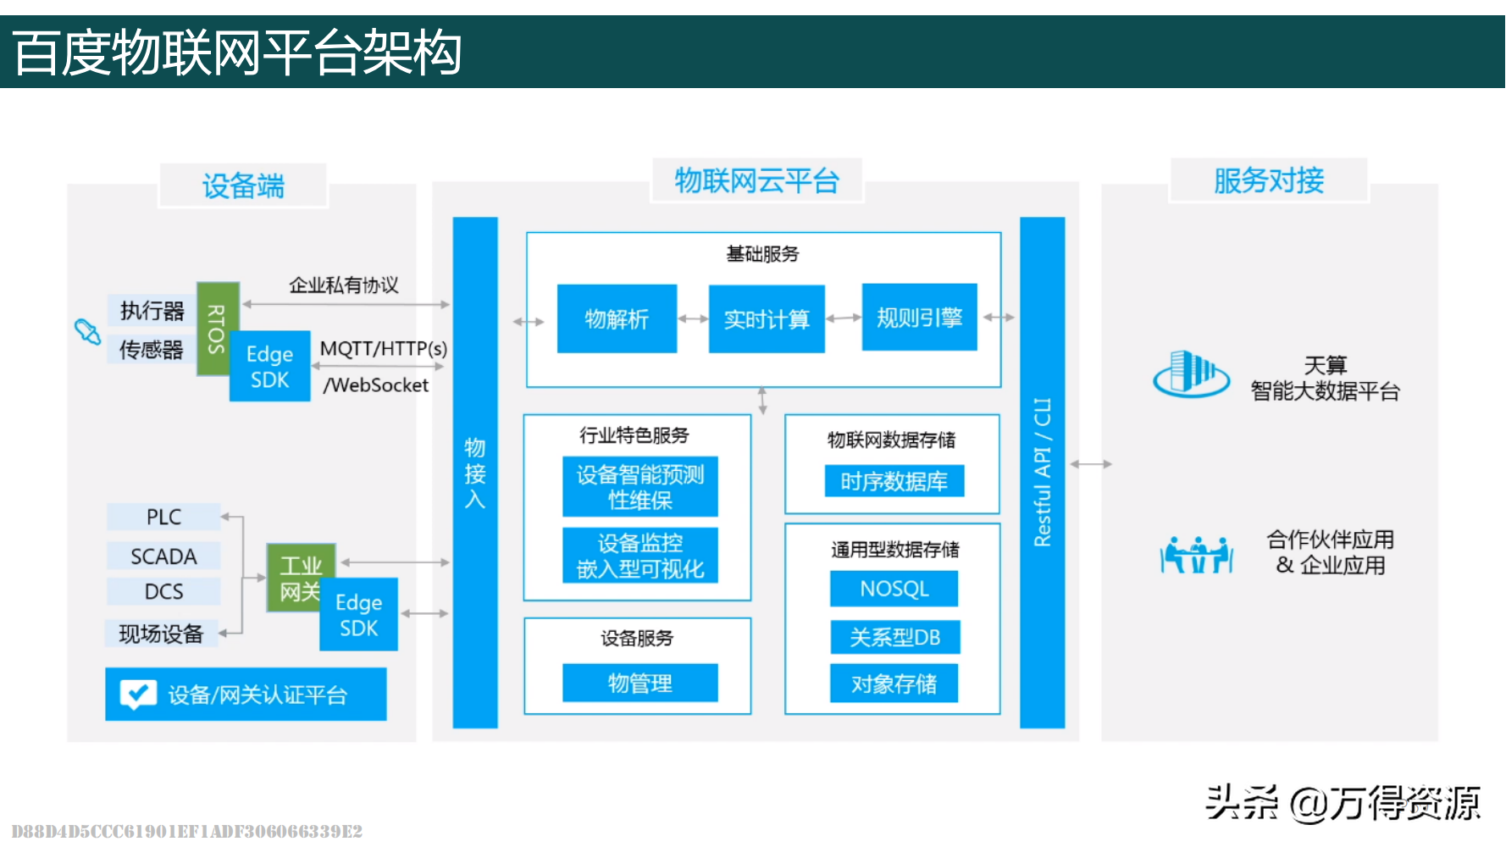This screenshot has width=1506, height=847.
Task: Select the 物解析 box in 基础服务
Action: tap(617, 318)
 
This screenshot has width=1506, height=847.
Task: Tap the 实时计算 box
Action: tap(767, 318)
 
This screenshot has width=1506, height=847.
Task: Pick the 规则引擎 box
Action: tap(919, 318)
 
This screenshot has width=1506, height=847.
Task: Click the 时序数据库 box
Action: tap(894, 481)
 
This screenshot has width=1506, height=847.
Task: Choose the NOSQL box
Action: tap(894, 589)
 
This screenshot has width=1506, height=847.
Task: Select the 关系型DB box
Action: tap(894, 637)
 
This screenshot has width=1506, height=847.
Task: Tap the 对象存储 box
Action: tap(894, 684)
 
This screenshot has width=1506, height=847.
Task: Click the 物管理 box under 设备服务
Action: tap(640, 683)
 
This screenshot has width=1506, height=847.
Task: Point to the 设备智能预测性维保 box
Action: tap(640, 487)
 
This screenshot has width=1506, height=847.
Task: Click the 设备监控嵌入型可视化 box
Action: tap(640, 556)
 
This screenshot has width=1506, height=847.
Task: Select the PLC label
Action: tap(163, 517)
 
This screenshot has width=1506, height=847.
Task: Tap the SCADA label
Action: tap(163, 556)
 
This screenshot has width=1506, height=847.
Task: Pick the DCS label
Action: tap(163, 591)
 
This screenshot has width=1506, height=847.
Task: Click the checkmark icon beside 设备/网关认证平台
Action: tap(138, 695)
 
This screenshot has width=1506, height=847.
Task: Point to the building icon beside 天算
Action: tap(1191, 374)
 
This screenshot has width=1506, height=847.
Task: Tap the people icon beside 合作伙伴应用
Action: tap(1196, 555)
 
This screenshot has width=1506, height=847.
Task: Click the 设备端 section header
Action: tap(243, 185)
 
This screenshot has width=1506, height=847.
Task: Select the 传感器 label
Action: tap(151, 350)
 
